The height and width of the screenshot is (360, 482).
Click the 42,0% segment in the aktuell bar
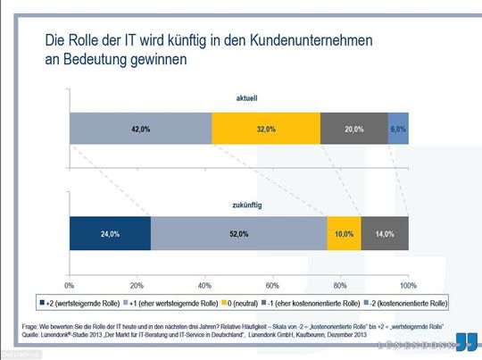[140, 130]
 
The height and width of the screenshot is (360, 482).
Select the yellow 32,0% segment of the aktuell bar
[265, 130]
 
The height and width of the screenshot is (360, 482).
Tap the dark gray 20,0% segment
[353, 130]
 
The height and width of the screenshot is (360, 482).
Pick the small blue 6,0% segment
[398, 130]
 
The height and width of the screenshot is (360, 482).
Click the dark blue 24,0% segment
[110, 233]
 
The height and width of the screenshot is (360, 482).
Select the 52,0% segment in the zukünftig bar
[238, 233]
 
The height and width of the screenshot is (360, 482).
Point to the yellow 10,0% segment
[344, 233]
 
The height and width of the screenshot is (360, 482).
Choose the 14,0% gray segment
[385, 233]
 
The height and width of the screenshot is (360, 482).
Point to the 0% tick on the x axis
[71, 284]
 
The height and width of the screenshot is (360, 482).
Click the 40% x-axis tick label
[204, 284]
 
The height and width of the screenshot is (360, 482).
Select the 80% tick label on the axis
[340, 284]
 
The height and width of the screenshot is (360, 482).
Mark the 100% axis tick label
[407, 284]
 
